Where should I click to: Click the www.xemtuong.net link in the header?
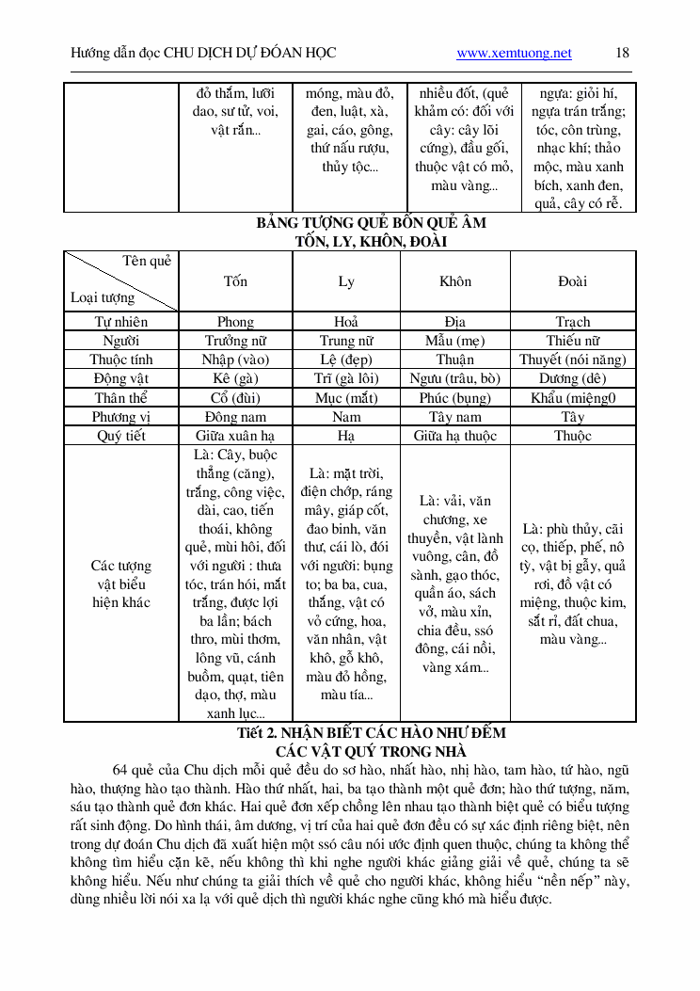click(514, 53)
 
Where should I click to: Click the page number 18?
click(622, 53)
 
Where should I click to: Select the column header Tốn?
click(235, 281)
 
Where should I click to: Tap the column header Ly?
click(346, 281)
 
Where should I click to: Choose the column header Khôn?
click(455, 281)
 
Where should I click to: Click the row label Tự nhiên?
click(121, 322)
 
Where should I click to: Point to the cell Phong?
click(235, 322)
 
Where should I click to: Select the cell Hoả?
click(346, 322)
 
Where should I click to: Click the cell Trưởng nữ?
click(235, 341)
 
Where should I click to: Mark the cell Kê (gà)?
click(235, 378)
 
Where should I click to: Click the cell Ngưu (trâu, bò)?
click(455, 378)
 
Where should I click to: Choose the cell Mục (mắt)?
click(346, 397)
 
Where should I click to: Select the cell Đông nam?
click(235, 417)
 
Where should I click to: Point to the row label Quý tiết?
click(121, 436)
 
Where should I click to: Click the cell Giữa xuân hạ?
click(235, 436)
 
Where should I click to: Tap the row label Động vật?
click(121, 378)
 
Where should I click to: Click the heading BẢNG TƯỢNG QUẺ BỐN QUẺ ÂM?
click(371, 223)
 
